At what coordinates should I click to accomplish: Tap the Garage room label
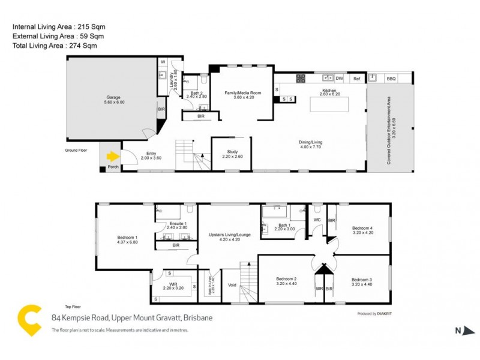click(x=113, y=97)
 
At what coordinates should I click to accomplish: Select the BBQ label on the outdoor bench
click(x=391, y=79)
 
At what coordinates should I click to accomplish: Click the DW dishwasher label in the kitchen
click(x=339, y=79)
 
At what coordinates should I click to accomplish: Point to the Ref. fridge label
click(x=356, y=79)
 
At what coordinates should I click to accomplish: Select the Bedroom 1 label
click(x=127, y=238)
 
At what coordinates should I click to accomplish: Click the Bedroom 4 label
click(x=362, y=228)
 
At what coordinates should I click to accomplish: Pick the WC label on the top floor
click(x=317, y=220)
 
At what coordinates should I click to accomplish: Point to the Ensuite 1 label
click(x=178, y=224)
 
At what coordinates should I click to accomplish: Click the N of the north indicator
click(x=457, y=329)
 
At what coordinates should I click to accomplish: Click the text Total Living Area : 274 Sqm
click(x=55, y=46)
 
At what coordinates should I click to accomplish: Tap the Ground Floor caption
click(x=76, y=151)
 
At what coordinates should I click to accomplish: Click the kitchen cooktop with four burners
click(x=301, y=78)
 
